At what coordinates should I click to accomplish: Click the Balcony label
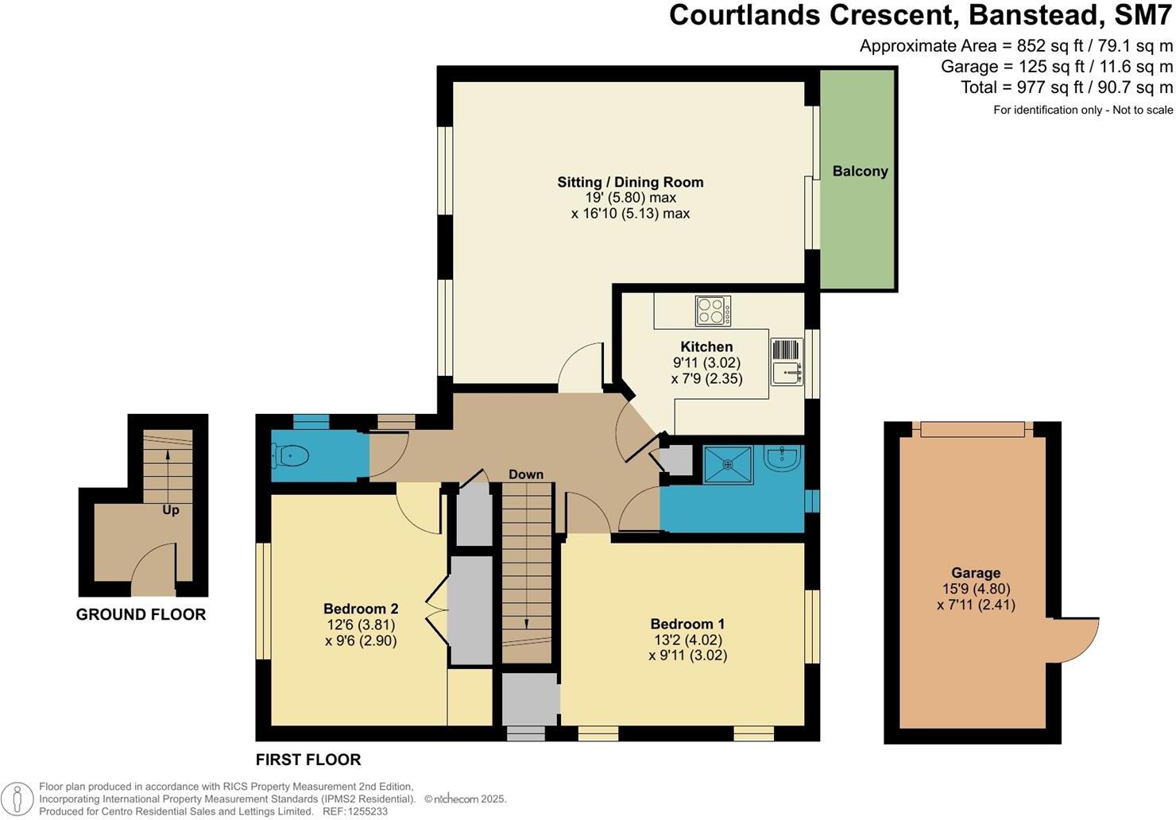[860, 171]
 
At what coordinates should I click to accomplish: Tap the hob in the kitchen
[713, 311]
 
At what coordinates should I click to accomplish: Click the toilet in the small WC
[291, 456]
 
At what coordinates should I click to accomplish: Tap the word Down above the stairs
[526, 474]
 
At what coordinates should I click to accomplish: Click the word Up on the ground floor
[171, 510]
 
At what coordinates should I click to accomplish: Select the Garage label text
[976, 573]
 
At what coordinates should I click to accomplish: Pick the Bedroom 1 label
[687, 624]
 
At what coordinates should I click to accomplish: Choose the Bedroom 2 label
[361, 609]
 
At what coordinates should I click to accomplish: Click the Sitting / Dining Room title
[630, 182]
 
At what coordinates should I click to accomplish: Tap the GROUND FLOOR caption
[141, 614]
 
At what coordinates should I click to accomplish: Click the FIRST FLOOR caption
[308, 760]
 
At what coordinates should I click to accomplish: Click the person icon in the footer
[18, 799]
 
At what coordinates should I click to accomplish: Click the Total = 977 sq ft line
[1066, 87]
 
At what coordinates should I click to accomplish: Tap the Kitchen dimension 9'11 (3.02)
[706, 362]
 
